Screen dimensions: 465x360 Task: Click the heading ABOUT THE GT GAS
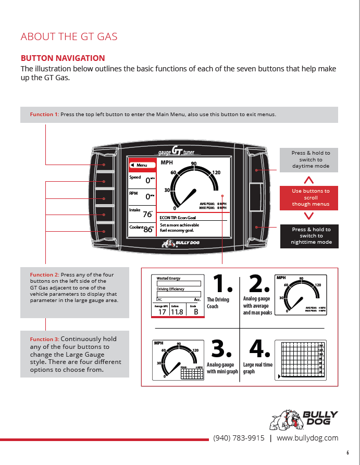click(x=69, y=36)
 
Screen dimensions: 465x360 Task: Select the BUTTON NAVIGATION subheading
click(x=63, y=58)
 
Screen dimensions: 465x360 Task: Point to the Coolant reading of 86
click(x=142, y=228)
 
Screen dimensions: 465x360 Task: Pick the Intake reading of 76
click(x=142, y=212)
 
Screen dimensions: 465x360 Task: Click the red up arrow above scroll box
click(x=308, y=180)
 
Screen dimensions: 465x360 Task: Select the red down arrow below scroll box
click(x=308, y=216)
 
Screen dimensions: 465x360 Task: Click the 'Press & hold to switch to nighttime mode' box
click(x=311, y=236)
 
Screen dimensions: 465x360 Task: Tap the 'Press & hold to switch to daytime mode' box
click(x=311, y=159)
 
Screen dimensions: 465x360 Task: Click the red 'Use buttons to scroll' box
click(x=311, y=197)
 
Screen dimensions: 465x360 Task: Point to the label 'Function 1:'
click(x=44, y=115)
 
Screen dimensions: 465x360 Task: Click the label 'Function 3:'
click(x=44, y=339)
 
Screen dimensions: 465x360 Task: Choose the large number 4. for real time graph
click(x=259, y=348)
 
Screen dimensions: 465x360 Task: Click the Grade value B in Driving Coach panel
click(x=196, y=312)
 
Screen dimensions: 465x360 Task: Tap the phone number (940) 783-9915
click(x=239, y=438)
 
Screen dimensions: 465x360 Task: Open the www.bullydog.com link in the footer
click(x=307, y=438)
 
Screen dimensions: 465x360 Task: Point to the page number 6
click(x=347, y=453)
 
